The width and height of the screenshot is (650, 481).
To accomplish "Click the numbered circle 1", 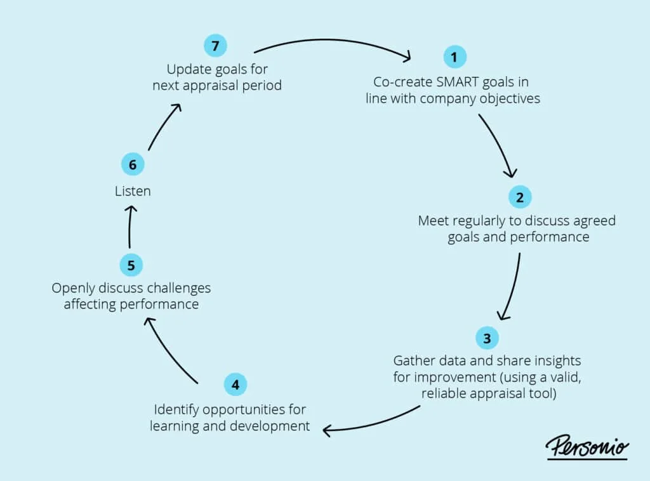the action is point(454,57).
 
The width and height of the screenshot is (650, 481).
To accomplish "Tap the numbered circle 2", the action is point(520,197).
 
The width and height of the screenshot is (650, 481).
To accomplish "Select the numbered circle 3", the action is point(487,338).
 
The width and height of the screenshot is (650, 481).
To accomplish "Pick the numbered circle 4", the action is point(235,384).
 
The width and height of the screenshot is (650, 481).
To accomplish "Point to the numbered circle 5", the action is point(131,265).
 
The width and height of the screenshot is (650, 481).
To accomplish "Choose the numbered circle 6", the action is point(133,165).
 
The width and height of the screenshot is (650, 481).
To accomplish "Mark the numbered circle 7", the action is point(215,46).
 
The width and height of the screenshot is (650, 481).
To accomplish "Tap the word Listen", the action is point(133,190).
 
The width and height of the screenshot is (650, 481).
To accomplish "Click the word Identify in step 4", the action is point(174,409).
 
